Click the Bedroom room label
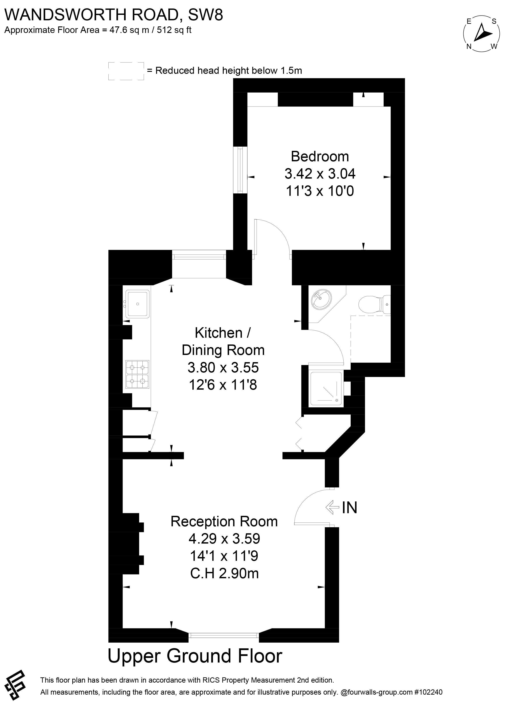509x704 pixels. (320, 157)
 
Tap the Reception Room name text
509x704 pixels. (224, 522)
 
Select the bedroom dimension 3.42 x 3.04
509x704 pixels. (320, 174)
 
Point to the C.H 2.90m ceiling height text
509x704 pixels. (224, 574)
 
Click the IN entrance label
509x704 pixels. (349, 508)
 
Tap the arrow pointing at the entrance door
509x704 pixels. (332, 508)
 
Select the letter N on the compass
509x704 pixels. (469, 46)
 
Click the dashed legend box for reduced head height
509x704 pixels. (126, 71)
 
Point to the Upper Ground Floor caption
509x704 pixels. (195, 656)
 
